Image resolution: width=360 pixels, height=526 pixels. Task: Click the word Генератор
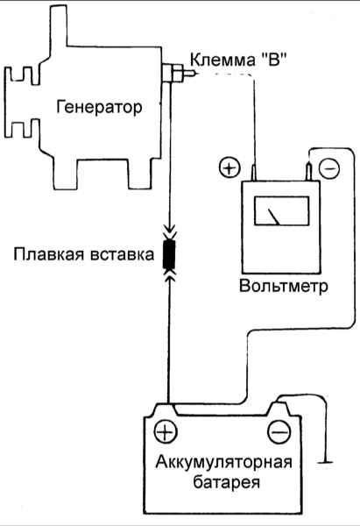pyautogui.click(x=99, y=108)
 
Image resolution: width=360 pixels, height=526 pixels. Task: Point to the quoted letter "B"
pyautogui.click(x=274, y=60)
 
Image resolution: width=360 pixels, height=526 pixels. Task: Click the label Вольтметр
pyautogui.click(x=284, y=287)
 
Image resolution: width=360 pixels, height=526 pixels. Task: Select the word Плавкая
pyautogui.click(x=49, y=254)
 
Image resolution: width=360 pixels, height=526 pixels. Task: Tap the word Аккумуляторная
pyautogui.click(x=224, y=463)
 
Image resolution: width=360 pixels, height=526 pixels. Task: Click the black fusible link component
pyautogui.click(x=169, y=255)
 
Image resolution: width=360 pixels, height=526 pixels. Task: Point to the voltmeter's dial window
pyautogui.click(x=281, y=210)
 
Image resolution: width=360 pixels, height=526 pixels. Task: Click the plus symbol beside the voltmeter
pyautogui.click(x=230, y=167)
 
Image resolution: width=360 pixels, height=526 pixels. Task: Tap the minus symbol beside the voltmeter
pyautogui.click(x=329, y=167)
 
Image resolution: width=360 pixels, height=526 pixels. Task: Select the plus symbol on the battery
pyautogui.click(x=166, y=431)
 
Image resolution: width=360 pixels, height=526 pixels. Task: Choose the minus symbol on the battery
pyautogui.click(x=279, y=431)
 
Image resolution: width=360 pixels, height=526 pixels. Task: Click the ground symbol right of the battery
pyautogui.click(x=324, y=463)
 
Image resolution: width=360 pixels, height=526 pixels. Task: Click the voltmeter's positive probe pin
pyautogui.click(x=254, y=173)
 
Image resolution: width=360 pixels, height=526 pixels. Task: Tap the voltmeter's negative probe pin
pyautogui.click(x=308, y=172)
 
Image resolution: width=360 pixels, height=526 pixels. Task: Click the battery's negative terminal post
pyautogui.click(x=279, y=409)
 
